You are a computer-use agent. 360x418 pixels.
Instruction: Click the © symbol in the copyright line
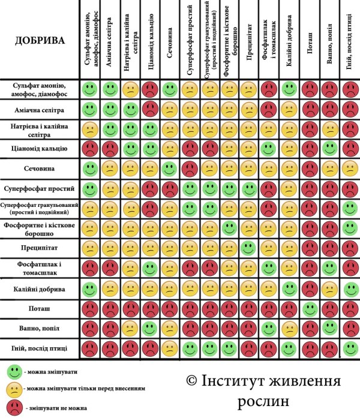click(x=191, y=382)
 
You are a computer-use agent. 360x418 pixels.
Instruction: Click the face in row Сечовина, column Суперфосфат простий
click(x=190, y=168)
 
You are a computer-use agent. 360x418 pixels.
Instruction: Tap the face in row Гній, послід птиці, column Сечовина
click(x=170, y=348)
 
